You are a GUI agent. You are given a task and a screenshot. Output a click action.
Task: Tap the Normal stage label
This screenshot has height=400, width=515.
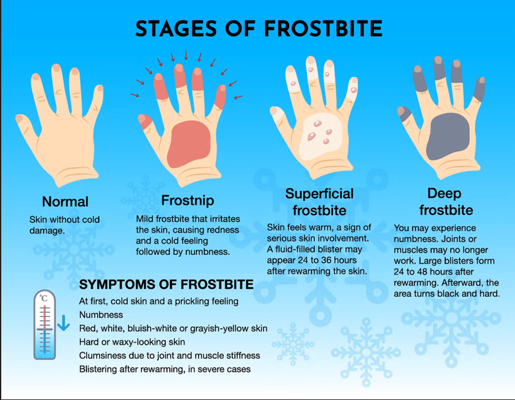coord(65,202)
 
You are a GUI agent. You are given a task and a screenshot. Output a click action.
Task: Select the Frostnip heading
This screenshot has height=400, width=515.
coord(187,201)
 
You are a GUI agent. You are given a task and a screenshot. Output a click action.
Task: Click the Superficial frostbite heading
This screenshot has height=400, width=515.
coord(319,202)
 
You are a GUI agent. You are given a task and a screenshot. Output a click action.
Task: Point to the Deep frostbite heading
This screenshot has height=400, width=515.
coord(446,202)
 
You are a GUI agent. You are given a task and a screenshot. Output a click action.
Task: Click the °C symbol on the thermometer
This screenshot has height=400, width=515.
coord(44,298)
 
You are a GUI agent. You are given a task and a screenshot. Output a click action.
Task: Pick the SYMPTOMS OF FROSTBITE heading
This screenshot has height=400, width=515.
coord(166,285)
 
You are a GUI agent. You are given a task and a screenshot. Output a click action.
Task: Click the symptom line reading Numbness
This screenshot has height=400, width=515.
coord(101,315)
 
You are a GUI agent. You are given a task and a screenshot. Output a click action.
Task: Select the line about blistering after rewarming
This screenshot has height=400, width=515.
coord(164,368)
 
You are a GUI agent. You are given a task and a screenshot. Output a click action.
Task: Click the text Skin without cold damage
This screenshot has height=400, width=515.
coord(65,225)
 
